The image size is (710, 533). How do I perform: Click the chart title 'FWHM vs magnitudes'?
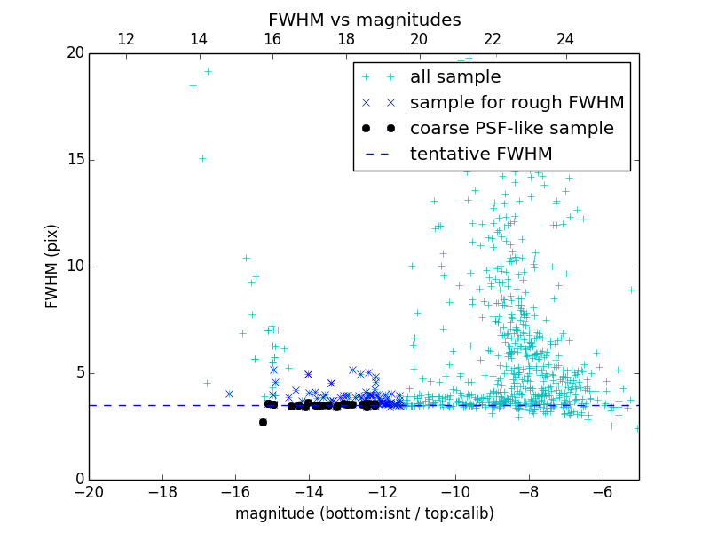click(364, 20)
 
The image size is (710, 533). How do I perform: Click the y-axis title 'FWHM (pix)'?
click(52, 266)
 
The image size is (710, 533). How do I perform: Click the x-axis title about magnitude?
click(364, 513)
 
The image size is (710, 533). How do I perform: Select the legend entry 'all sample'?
click(455, 77)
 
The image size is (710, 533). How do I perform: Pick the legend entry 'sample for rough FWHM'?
click(517, 103)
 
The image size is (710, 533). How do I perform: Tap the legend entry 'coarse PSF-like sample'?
click(511, 129)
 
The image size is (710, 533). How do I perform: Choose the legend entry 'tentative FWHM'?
click(481, 155)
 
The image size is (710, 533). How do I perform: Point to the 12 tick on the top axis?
click(126, 39)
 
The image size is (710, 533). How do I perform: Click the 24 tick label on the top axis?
click(565, 39)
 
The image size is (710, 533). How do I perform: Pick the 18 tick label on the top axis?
click(346, 39)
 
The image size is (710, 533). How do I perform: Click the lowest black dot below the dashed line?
click(263, 422)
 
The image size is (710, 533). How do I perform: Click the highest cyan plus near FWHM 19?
click(208, 72)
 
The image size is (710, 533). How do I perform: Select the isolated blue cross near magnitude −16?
click(229, 394)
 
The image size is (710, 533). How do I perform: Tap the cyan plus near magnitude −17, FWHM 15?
click(202, 159)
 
